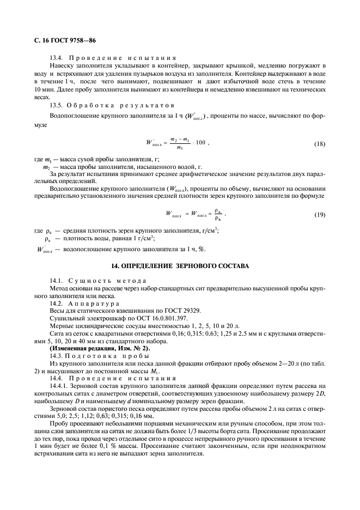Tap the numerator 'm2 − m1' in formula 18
(180, 139)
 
